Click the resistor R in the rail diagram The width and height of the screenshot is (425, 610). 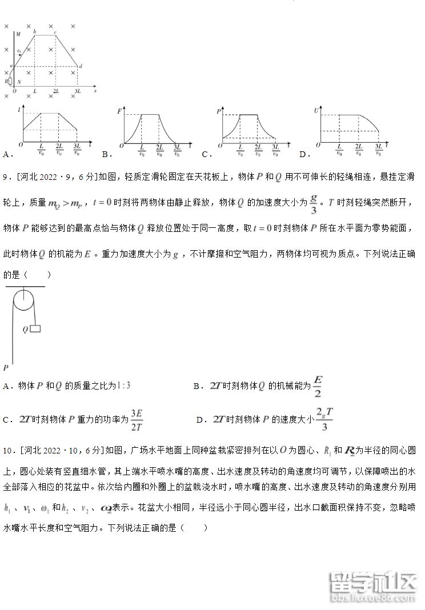[x=10, y=81]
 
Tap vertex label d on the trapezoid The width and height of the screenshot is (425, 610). [x=81, y=66]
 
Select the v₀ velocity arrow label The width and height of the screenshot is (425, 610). [x=19, y=51]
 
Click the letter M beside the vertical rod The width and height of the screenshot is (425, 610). [x=18, y=34]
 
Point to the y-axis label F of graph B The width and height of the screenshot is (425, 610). [x=119, y=110]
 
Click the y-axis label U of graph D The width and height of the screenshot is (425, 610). [x=316, y=109]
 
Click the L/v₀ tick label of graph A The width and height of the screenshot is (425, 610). [x=42, y=150]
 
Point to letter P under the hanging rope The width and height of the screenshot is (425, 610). [x=5, y=367]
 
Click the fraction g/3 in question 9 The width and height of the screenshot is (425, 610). [x=313, y=203]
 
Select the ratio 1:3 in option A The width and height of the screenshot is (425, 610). [x=123, y=386]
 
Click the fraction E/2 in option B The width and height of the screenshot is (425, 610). [x=318, y=386]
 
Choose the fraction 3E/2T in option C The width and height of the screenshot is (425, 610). [x=136, y=420]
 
